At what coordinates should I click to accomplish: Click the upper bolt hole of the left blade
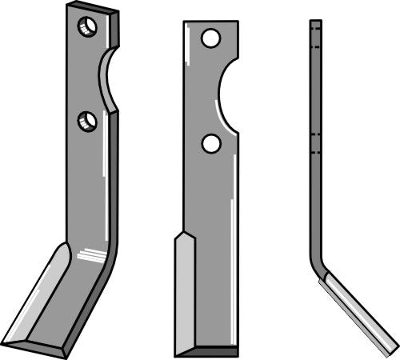tap(86, 27)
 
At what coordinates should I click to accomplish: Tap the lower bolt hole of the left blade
tap(87, 122)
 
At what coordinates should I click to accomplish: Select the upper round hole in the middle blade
tap(210, 38)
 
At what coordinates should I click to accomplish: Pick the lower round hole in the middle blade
tap(211, 143)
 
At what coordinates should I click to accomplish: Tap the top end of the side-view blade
tap(315, 22)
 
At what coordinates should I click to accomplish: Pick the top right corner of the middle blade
tap(237, 22)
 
